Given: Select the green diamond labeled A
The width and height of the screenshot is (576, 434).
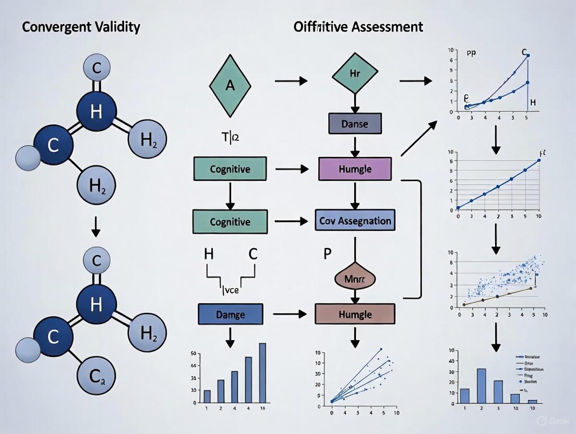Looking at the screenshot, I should (x=230, y=85).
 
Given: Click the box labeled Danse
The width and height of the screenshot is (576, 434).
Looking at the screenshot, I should (x=355, y=124).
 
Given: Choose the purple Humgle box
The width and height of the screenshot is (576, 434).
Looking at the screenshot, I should (x=355, y=170).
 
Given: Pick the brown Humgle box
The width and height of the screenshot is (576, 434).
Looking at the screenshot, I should (x=355, y=314).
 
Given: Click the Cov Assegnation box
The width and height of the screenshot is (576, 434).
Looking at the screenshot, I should (x=355, y=221).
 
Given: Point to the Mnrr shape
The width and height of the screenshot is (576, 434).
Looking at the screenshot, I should (x=355, y=279).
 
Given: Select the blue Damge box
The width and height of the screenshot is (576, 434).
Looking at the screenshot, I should (x=230, y=314).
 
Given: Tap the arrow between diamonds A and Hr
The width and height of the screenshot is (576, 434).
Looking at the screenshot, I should (x=291, y=81).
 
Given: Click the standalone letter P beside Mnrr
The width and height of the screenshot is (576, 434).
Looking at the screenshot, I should (x=328, y=254).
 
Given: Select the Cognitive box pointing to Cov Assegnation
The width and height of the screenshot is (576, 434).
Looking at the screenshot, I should (x=230, y=221).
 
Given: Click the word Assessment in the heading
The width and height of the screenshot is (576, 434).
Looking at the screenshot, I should (x=387, y=27).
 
